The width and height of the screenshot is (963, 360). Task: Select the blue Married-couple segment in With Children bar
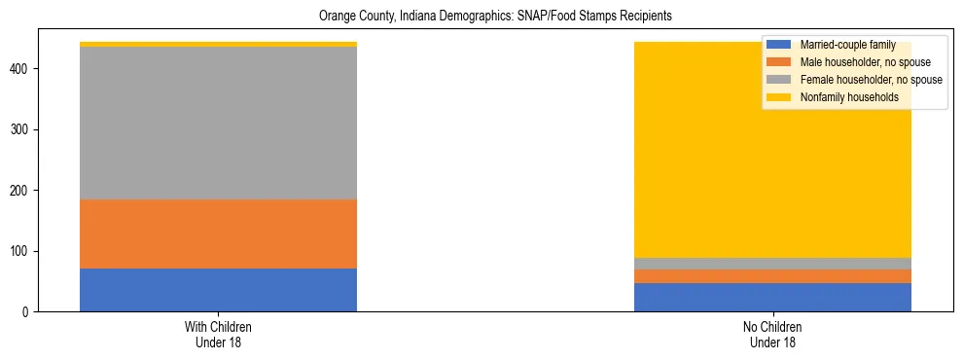218,290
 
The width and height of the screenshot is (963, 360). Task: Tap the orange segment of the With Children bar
218,234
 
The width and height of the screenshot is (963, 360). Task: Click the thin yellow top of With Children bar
218,44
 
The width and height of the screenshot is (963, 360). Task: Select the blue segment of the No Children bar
772,297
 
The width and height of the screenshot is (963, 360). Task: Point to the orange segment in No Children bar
772,276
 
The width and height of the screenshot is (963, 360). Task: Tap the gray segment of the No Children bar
772,264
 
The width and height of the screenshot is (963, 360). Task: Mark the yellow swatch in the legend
779,97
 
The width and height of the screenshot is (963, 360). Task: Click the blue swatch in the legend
779,45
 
